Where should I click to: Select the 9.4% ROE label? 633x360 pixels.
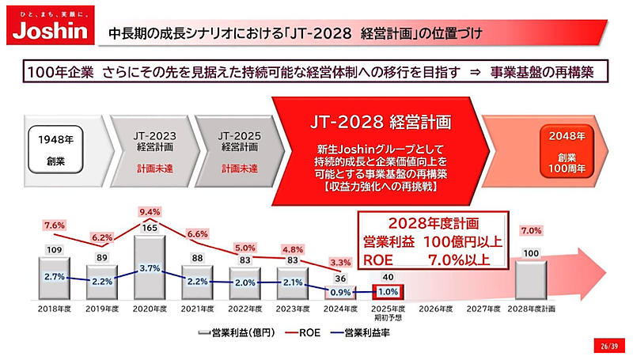tap(150, 212)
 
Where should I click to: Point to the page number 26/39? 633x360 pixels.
tap(607, 345)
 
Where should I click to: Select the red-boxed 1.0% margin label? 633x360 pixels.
tap(389, 292)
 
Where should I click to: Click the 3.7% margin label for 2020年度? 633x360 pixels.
tap(150, 269)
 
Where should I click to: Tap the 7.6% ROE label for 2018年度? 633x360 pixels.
tap(55, 225)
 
